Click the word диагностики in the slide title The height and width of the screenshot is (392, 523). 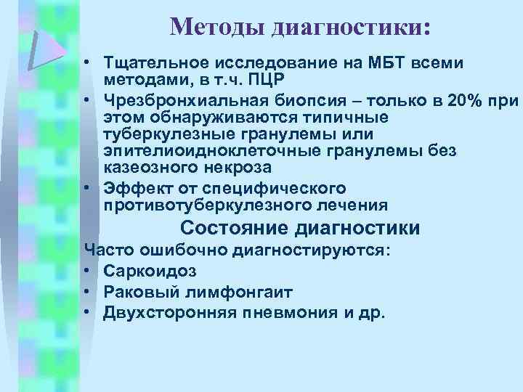click(351, 28)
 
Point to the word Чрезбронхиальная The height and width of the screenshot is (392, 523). click(186, 99)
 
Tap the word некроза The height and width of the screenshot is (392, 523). click(235, 168)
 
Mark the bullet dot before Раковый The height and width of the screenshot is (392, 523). click(89, 292)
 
